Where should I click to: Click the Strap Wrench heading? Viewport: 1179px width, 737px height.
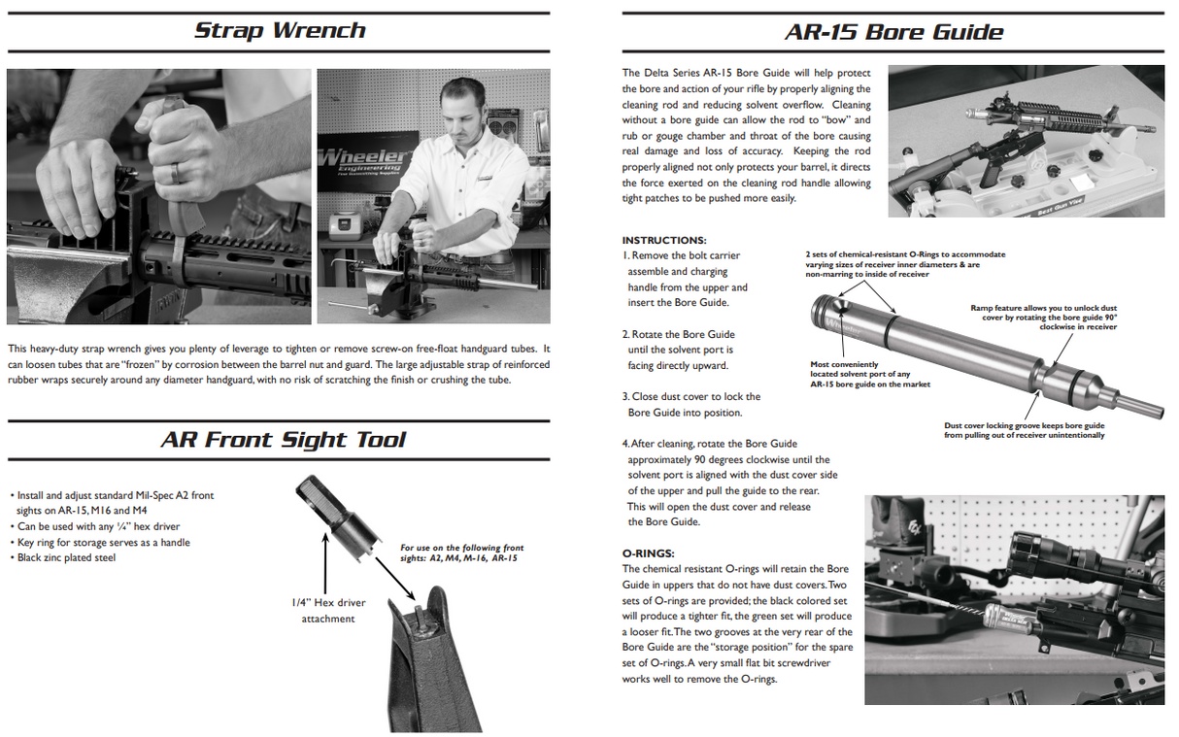(280, 30)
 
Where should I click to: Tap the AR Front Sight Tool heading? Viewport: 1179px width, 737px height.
(283, 440)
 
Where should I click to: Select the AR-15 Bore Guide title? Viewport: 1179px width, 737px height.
(893, 31)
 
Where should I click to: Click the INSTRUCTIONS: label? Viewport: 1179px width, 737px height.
(664, 240)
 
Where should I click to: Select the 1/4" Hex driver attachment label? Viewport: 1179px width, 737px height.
(327, 611)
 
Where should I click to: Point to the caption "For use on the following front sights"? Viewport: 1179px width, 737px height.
(461, 553)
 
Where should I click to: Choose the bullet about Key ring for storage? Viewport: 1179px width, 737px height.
(103, 543)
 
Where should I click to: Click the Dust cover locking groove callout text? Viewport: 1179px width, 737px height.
(1024, 430)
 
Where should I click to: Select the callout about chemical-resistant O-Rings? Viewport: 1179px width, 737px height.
(904, 264)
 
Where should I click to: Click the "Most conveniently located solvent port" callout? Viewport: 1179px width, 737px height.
(869, 375)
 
